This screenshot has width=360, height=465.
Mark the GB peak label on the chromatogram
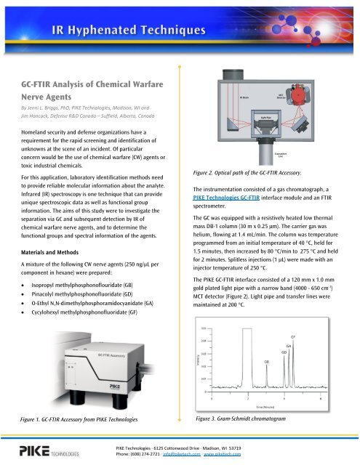tap(268, 360)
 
